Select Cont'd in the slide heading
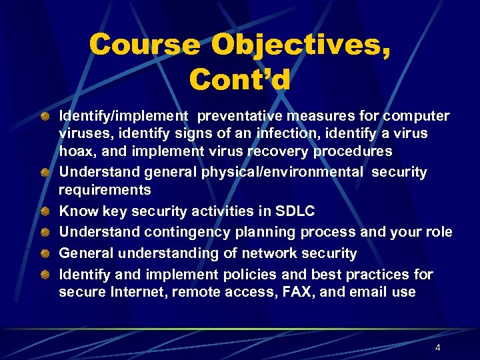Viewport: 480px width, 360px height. [239, 80]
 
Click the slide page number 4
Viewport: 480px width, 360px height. [437, 348]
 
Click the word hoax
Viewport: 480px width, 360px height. [77, 151]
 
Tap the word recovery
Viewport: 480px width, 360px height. [278, 151]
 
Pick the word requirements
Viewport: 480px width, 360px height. [105, 190]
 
